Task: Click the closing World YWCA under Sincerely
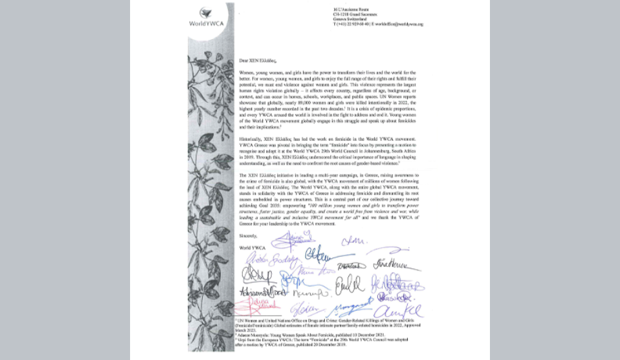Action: point(249,247)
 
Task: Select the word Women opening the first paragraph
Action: point(248,71)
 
